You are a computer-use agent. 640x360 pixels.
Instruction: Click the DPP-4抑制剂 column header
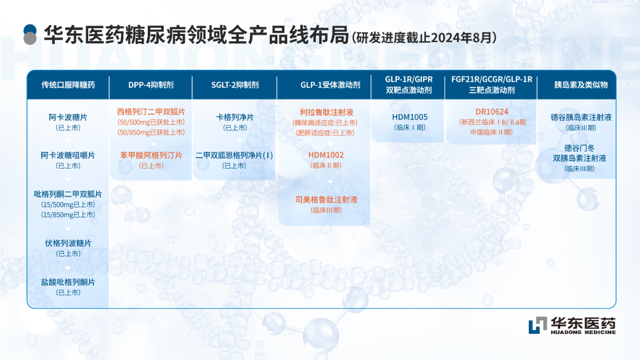click(151, 85)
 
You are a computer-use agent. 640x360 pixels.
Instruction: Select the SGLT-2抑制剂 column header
click(235, 85)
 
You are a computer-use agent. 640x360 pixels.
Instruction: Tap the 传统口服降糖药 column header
click(68, 85)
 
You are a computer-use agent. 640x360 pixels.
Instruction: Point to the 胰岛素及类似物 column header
click(581, 85)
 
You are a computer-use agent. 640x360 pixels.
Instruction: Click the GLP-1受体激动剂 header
click(330, 85)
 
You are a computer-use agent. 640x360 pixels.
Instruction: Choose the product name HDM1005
click(410, 117)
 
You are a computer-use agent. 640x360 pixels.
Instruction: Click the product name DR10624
click(492, 112)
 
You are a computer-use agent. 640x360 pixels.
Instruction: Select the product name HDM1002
click(326, 155)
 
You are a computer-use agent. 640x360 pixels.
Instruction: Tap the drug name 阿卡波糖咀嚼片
click(68, 155)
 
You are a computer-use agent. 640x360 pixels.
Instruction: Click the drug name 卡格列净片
click(235, 117)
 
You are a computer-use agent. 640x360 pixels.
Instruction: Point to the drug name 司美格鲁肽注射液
click(326, 199)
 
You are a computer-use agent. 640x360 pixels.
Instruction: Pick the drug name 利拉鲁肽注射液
click(326, 112)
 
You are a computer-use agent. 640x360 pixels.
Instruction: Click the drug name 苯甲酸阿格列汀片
click(151, 155)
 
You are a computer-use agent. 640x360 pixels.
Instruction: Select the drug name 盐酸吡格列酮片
click(68, 282)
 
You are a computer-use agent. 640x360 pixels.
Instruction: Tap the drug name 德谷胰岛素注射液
click(581, 117)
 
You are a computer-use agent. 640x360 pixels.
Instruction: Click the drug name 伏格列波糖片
click(68, 243)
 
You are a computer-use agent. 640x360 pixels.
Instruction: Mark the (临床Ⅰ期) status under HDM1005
click(410, 127)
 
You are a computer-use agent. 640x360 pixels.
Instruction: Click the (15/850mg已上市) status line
click(68, 214)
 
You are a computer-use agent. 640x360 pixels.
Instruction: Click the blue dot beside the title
click(30, 30)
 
